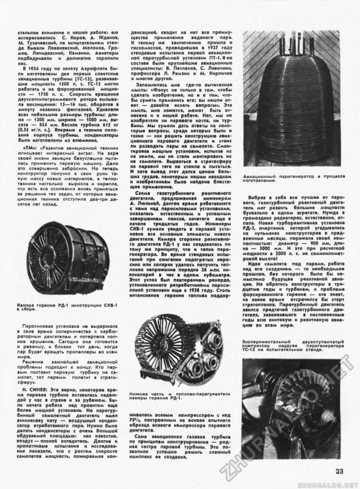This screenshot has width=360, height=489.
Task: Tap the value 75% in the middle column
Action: pos(139,421)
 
